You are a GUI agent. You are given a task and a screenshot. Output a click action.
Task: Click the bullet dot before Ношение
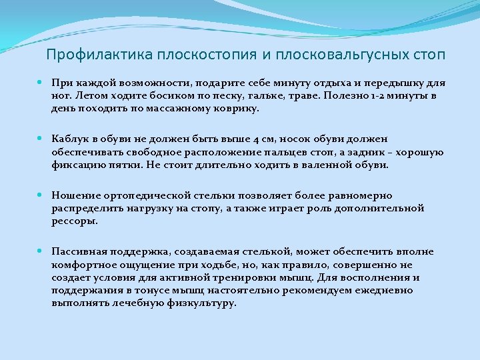[x=41, y=196]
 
